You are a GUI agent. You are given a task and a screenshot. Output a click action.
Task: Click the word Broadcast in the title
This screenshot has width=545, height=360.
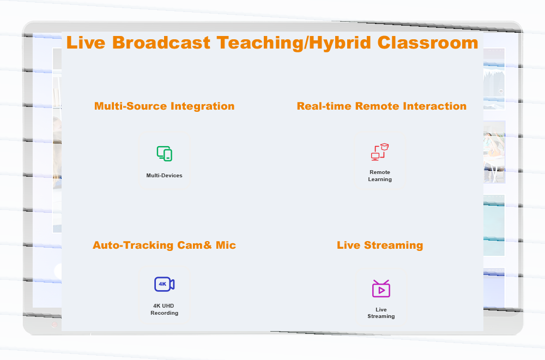coord(161,43)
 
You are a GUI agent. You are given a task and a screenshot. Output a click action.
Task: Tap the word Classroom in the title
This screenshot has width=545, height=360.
coord(427,43)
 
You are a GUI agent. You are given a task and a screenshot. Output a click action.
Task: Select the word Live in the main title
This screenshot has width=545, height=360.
coord(86,43)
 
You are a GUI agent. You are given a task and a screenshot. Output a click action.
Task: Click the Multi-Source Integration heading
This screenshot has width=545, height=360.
coord(165,106)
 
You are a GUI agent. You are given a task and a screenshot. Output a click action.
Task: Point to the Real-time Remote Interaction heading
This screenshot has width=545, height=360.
coord(381,106)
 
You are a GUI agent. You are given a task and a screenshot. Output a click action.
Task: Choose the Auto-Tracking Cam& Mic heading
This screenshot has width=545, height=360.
coord(164,245)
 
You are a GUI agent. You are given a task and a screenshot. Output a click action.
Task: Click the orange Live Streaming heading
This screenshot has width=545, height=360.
coord(380,245)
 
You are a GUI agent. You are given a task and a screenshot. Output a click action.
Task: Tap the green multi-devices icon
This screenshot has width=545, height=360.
coord(165,154)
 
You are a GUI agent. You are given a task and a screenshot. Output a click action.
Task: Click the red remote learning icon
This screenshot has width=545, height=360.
coord(380,152)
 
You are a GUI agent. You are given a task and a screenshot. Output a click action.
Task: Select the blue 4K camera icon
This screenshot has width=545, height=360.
coord(165,284)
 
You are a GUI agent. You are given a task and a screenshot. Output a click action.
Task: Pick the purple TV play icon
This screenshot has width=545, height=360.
coord(381,289)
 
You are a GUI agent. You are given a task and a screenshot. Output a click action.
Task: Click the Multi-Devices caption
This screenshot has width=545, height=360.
coord(165,176)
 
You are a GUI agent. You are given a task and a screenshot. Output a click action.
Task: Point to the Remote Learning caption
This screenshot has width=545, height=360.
coord(380,176)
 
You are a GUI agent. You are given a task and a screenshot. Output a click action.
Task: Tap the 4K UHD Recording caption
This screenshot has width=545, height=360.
coord(165,309)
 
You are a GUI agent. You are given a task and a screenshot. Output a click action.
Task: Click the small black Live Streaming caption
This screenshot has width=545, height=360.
coord(381,313)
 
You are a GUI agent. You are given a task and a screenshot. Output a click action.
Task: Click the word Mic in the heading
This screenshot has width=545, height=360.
coord(226,245)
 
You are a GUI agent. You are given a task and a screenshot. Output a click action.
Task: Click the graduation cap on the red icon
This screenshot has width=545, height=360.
coord(384,146)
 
